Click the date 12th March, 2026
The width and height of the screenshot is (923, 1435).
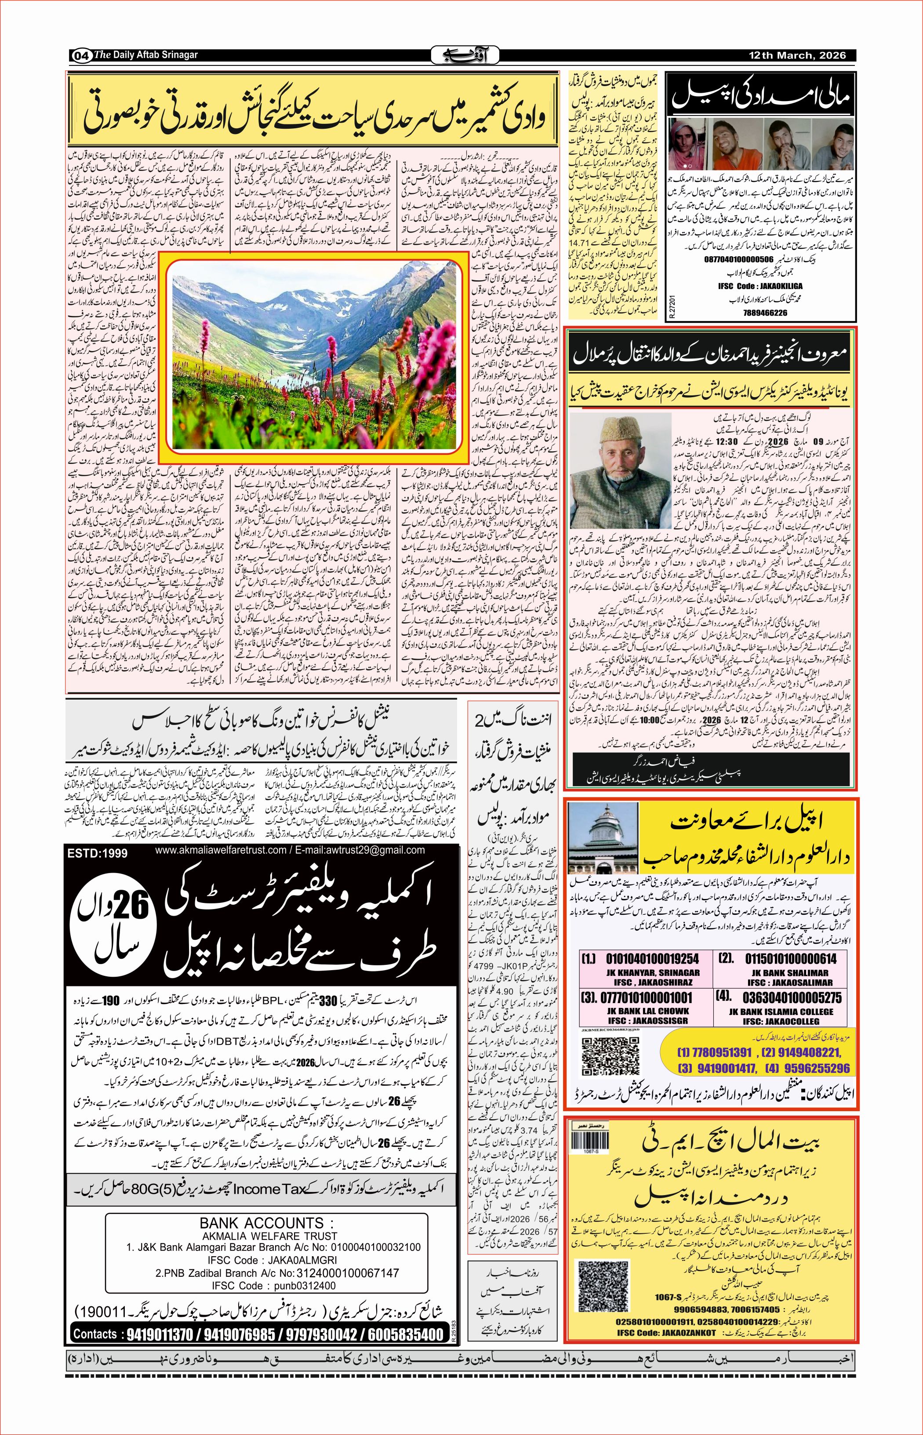click(798, 55)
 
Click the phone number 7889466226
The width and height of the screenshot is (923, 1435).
click(760, 312)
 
